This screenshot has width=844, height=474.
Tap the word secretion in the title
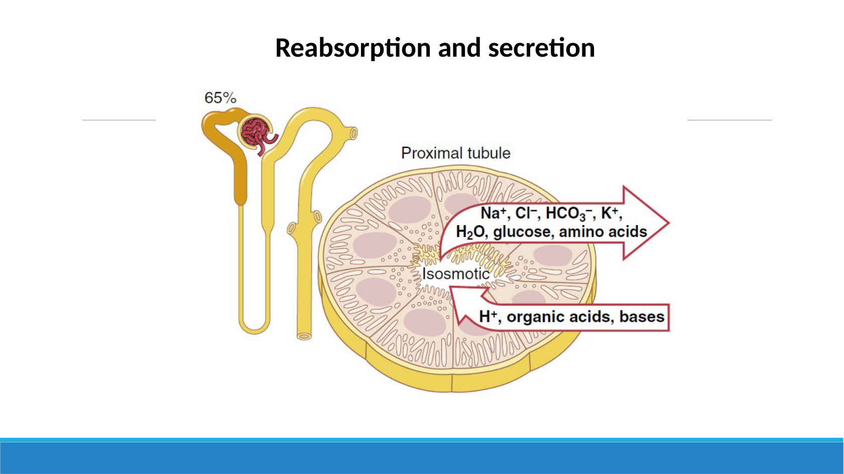tap(541, 48)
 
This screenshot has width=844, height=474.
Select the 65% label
tap(220, 98)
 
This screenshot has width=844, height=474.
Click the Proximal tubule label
tap(455, 153)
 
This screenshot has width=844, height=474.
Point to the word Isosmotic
tap(455, 274)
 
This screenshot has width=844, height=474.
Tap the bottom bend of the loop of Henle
tap(255, 329)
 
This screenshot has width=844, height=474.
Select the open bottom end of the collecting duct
tap(304, 336)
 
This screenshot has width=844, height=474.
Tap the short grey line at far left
tap(119, 120)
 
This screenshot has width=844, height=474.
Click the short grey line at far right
tap(730, 120)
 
